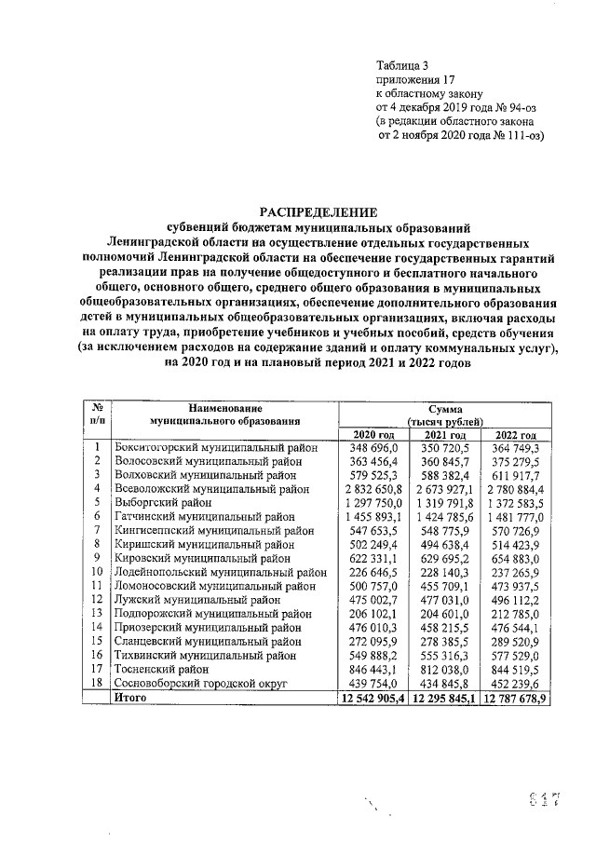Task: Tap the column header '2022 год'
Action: (x=517, y=435)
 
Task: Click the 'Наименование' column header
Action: (x=224, y=408)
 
